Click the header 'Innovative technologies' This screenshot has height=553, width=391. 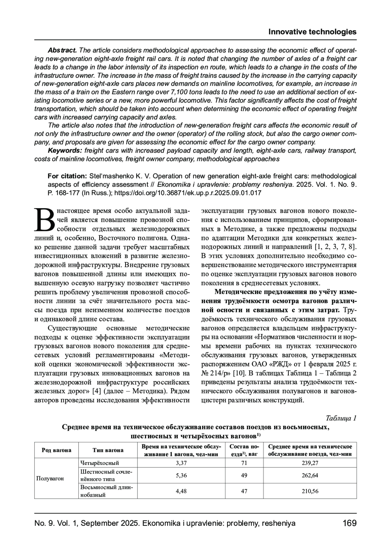tap(312, 32)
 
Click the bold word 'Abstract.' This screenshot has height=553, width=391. tap(62, 50)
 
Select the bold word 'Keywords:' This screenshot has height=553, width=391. tap(65, 151)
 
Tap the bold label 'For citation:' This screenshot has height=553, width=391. tap(67, 176)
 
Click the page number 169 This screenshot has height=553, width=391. tap(350, 523)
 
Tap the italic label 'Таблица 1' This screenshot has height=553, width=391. tap(341, 418)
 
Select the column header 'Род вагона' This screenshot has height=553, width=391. tap(56, 450)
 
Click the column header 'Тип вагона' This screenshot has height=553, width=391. tap(108, 450)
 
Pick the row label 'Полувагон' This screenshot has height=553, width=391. tap(50, 478)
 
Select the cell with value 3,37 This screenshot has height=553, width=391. tap(181, 463)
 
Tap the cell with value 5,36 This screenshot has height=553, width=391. tap(181, 475)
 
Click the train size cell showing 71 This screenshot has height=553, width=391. tap(244, 463)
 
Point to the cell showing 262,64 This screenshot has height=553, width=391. tap(310, 475)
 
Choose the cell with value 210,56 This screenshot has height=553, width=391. tap(310, 491)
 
